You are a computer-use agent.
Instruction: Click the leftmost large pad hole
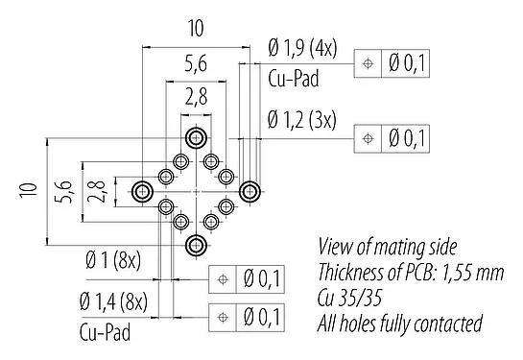click(142, 191)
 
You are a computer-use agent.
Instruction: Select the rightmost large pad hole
click(250, 190)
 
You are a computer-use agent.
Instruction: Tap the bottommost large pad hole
click(196, 245)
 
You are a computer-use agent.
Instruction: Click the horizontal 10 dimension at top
click(196, 31)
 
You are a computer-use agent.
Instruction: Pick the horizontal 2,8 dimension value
click(196, 95)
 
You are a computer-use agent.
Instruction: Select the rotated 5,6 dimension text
click(63, 191)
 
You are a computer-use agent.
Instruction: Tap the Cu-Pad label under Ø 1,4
click(103, 333)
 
